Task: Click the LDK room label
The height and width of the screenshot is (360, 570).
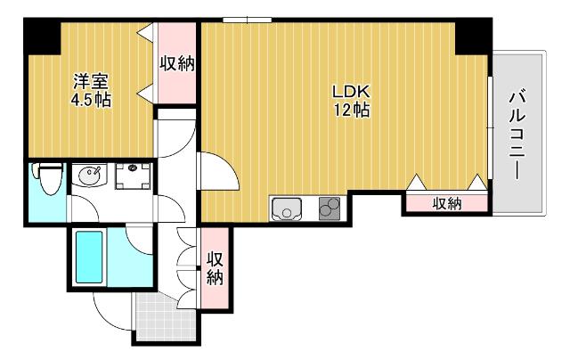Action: pyautogui.click(x=351, y=92)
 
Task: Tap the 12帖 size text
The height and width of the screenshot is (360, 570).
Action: pyautogui.click(x=352, y=109)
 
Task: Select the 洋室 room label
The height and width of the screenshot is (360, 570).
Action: pyautogui.click(x=91, y=81)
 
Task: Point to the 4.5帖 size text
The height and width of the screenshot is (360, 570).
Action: pyautogui.click(x=91, y=100)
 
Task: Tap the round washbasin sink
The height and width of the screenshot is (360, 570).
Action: pyautogui.click(x=89, y=176)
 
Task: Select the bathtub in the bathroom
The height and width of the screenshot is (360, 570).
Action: pyautogui.click(x=89, y=257)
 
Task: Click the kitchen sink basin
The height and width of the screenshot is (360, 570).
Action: pyautogui.click(x=287, y=209)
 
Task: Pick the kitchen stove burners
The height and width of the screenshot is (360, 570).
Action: pyautogui.click(x=330, y=209)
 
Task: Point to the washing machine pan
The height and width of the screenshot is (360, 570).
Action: pyautogui.click(x=133, y=176)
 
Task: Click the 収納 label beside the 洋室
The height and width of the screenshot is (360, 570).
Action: pyautogui.click(x=177, y=63)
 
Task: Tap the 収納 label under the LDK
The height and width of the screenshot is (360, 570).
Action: pyautogui.click(x=447, y=204)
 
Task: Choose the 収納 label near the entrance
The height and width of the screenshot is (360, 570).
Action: pyautogui.click(x=215, y=268)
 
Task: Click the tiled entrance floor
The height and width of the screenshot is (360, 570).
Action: pyautogui.click(x=166, y=317)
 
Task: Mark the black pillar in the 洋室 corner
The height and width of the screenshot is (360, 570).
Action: pyautogui.click(x=42, y=37)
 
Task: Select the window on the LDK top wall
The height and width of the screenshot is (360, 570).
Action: pyautogui.click(x=248, y=20)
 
